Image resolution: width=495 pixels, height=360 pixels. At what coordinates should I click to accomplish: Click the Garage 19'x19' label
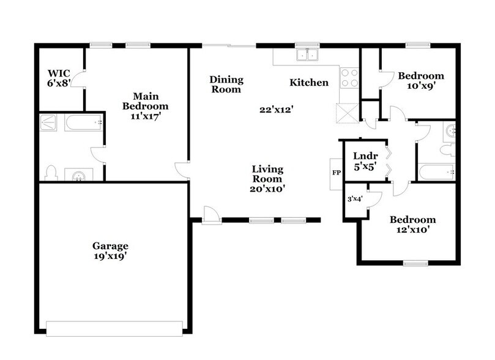(x=110, y=250)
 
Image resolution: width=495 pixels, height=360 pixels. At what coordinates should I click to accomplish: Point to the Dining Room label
(x=226, y=84)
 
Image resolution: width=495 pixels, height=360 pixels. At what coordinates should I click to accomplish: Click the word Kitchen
(x=309, y=83)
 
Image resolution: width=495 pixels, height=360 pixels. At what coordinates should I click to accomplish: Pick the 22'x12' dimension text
(x=273, y=110)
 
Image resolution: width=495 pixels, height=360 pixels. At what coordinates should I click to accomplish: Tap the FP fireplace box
(x=336, y=173)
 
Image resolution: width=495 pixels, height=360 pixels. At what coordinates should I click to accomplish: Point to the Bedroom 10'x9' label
(x=421, y=81)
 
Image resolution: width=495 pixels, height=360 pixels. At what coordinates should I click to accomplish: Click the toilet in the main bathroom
(x=52, y=172)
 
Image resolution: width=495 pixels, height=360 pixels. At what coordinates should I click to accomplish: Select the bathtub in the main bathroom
(x=81, y=124)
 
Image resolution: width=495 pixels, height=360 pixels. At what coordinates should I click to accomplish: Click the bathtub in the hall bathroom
(x=436, y=172)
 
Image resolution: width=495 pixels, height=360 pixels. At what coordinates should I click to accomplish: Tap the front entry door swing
(x=210, y=214)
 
